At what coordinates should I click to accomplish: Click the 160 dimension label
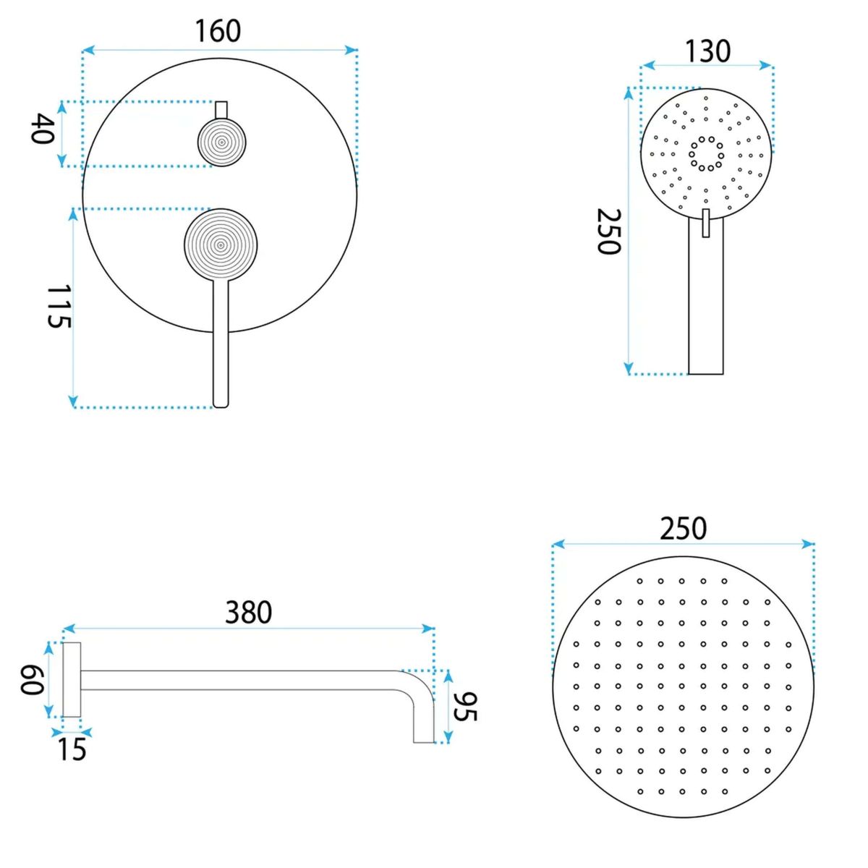(x=218, y=31)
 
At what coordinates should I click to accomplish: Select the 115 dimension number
(x=59, y=306)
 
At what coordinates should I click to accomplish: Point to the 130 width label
(x=707, y=51)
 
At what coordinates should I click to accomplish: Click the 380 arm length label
(x=249, y=612)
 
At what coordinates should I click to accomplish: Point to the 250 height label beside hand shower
(x=609, y=231)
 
